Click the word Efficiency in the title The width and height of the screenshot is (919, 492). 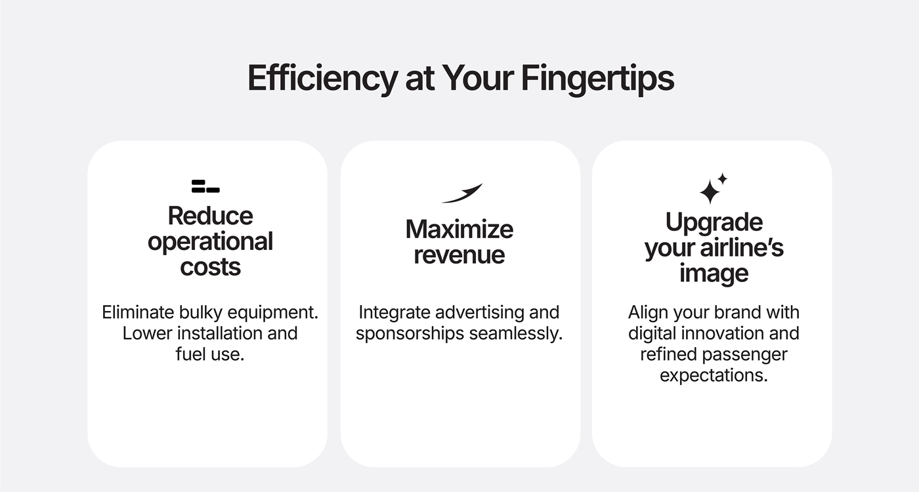[323, 79]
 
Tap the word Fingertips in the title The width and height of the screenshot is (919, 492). [598, 79]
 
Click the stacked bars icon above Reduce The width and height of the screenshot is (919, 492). [205, 186]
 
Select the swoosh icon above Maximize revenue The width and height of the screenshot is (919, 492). [462, 193]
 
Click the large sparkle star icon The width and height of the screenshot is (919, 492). [710, 192]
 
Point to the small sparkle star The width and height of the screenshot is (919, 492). [723, 178]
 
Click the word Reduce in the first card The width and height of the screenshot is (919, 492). [210, 216]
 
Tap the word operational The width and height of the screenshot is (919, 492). [210, 242]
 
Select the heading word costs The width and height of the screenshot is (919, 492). [210, 268]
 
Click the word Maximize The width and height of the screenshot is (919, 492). [459, 229]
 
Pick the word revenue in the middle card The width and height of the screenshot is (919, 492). [459, 255]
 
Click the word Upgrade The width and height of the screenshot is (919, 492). [714, 223]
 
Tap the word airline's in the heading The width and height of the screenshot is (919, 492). [742, 248]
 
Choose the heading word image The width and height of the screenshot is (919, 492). [714, 274]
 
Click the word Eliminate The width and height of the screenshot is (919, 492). [138, 312]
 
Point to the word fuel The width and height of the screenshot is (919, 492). [190, 354]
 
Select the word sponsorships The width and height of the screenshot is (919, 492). [410, 334]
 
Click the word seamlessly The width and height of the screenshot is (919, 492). [516, 333]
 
